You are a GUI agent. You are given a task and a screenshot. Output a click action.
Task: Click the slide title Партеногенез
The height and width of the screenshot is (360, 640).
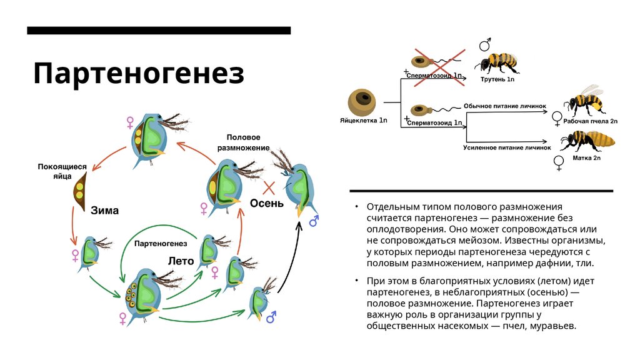[x=138, y=73]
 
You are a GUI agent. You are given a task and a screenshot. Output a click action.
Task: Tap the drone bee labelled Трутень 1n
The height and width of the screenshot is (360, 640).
[x=497, y=62]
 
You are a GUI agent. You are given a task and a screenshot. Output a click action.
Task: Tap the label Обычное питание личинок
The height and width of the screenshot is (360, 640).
[x=506, y=107]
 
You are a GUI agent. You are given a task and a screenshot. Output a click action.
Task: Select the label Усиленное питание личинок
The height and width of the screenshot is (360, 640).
[x=506, y=148]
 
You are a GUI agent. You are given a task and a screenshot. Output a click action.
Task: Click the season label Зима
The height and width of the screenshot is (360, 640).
[x=104, y=210]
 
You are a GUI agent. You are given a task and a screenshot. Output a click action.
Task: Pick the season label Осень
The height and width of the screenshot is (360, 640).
[x=267, y=203]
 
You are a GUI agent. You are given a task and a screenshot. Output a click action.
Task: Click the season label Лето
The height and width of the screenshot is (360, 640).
[x=181, y=260]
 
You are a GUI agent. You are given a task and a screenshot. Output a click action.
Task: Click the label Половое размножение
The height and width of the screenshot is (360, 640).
[x=243, y=142]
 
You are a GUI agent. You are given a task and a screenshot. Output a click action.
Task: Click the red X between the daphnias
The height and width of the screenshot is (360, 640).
[x=269, y=187]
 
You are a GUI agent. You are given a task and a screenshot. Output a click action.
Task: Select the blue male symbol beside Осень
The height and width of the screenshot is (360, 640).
[x=313, y=221]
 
